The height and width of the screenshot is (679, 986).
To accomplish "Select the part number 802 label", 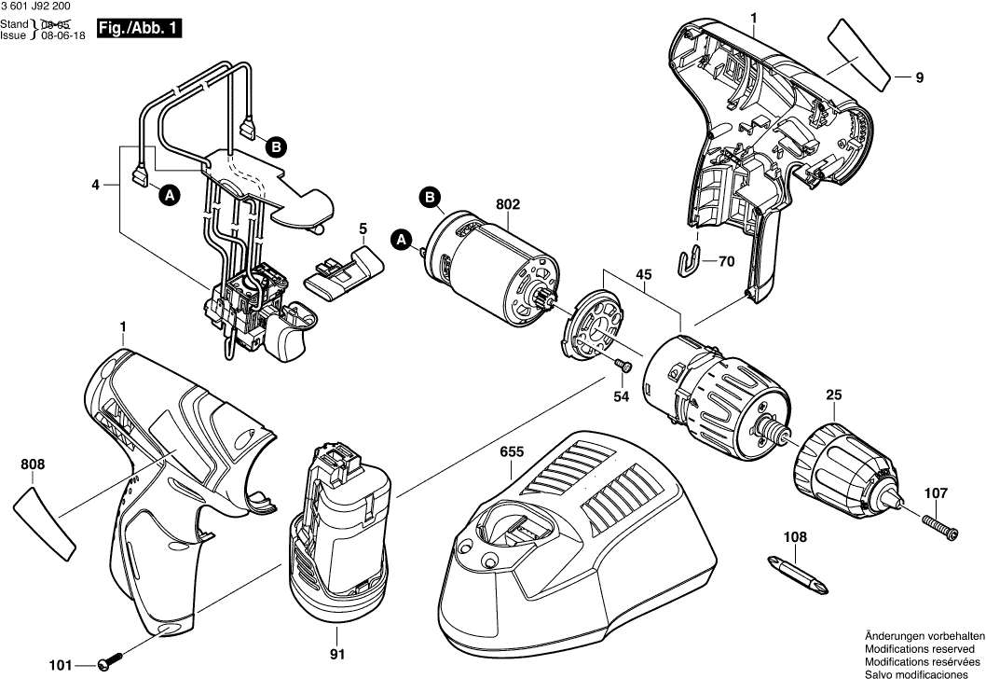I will point(508,204).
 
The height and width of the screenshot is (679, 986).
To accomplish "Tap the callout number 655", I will point(511,451).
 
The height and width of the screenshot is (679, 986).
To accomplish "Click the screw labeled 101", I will point(111,664).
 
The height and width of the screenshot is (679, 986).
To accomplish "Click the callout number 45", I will point(643,274).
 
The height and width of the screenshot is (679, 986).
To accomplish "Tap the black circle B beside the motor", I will point(430,198).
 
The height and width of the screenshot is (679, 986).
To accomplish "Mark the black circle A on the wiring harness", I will point(168,195).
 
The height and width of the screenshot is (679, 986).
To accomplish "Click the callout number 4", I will point(96,185).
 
